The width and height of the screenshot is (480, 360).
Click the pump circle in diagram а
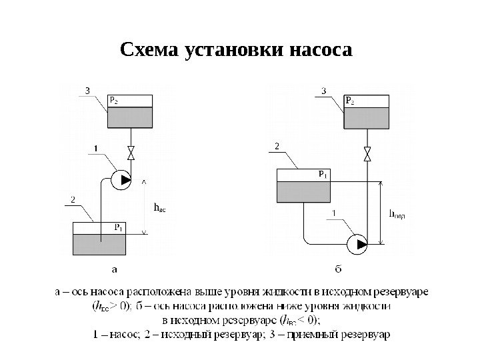click(119, 179)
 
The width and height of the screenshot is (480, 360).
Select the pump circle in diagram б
click(357, 244)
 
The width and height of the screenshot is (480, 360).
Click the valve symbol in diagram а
click(131, 152)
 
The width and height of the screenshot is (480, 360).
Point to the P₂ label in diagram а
click(114, 102)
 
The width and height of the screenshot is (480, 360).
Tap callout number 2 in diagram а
click(73, 199)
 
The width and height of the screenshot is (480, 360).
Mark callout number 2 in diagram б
click(277, 145)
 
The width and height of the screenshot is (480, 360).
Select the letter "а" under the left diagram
click(114, 270)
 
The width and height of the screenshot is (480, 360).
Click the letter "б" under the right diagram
click(338, 269)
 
